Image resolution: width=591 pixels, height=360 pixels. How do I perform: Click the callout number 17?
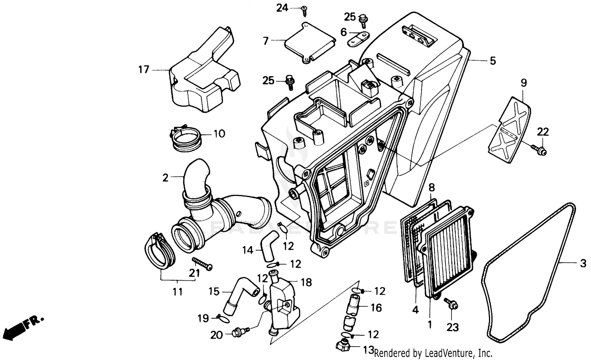coord(143,70)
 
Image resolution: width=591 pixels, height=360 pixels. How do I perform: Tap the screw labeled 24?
coord(304,11)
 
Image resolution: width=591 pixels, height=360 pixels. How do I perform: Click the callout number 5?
coord(492,61)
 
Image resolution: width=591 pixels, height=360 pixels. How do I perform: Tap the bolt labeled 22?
coord(538,149)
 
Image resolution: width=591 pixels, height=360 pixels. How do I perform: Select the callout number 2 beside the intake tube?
coord(165,177)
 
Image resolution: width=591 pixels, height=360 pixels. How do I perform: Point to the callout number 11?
coord(178,292)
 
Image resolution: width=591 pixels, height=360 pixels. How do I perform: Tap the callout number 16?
coord(376,308)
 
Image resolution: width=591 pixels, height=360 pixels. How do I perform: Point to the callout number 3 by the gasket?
coord(583,263)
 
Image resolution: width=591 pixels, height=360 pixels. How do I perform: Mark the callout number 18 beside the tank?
coord(306,282)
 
